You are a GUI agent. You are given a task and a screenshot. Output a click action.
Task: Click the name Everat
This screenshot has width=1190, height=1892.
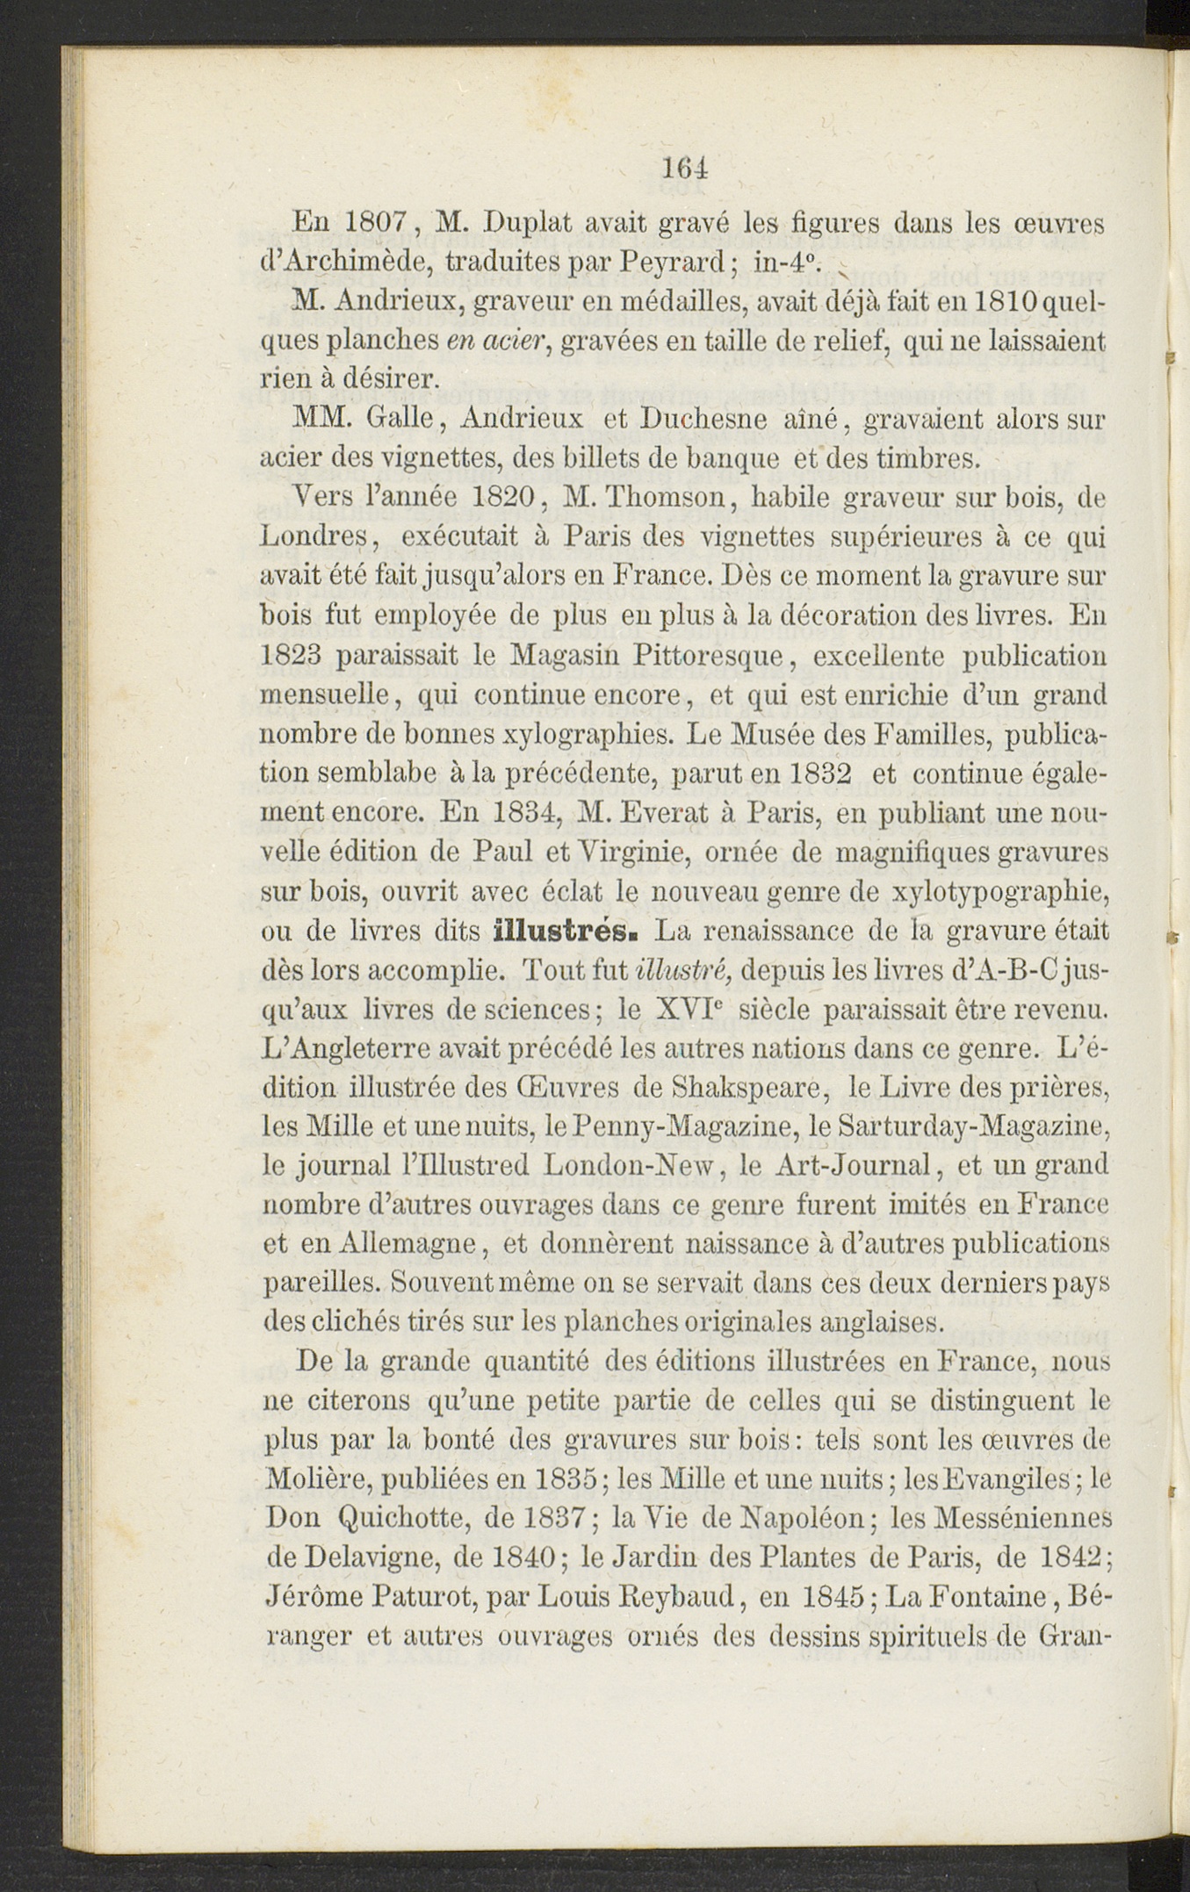click(660, 813)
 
